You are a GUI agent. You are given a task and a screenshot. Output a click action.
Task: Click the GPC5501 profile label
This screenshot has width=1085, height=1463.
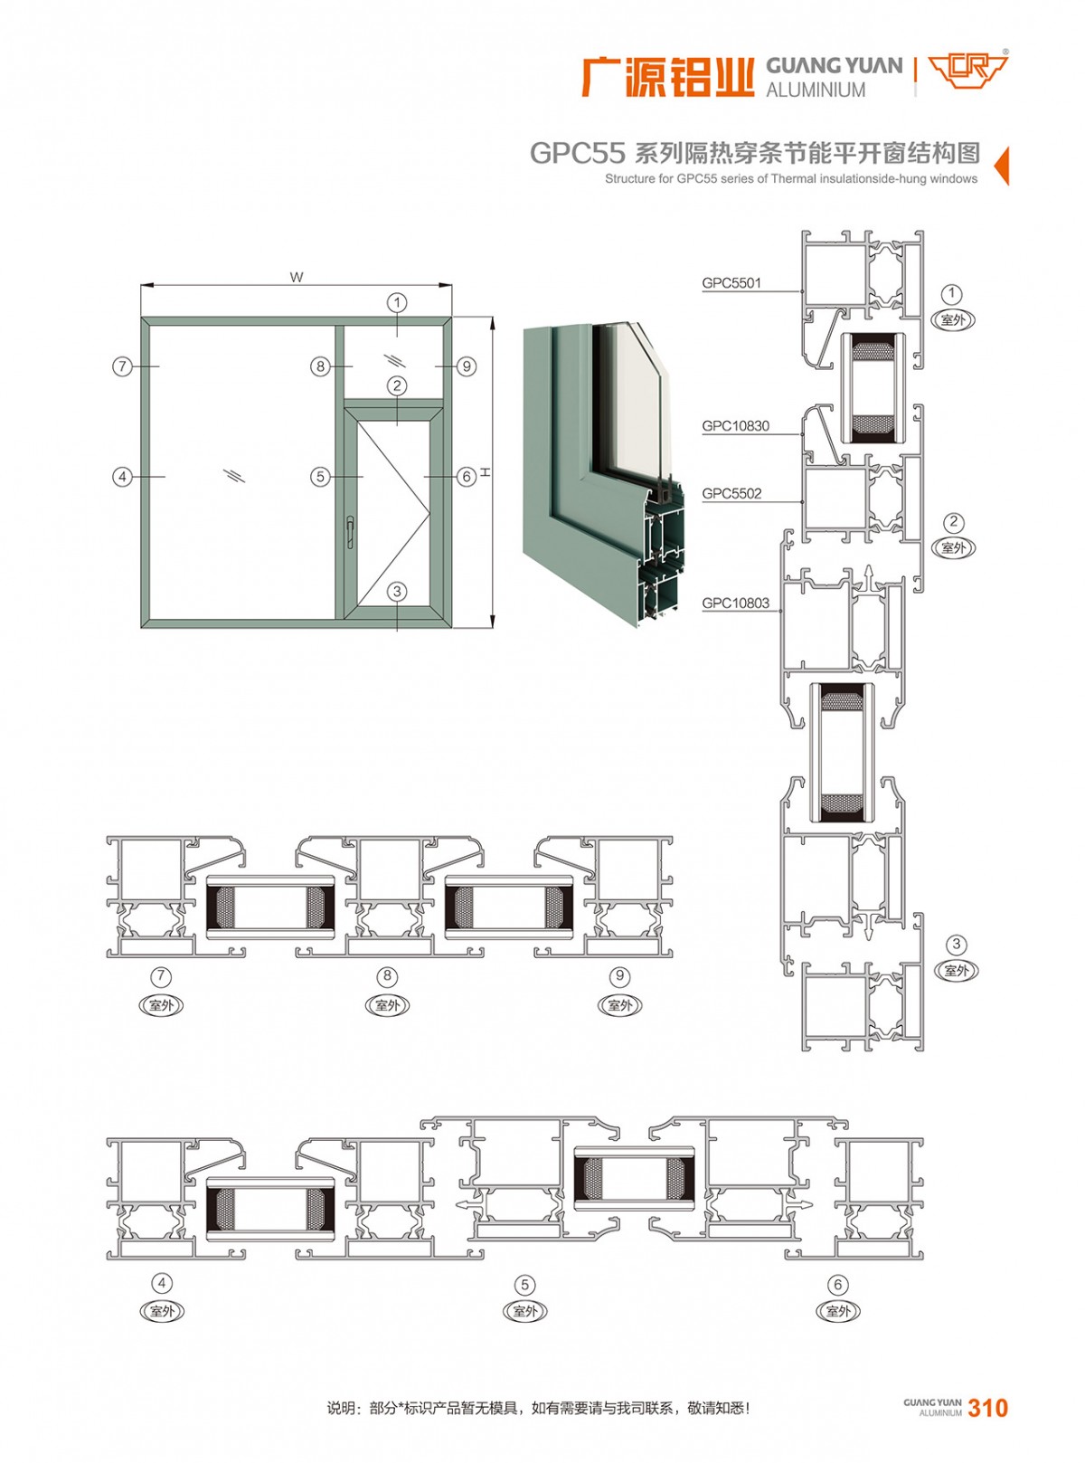[x=731, y=283]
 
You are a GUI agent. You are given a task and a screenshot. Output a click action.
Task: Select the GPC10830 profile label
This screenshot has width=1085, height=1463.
[x=735, y=426]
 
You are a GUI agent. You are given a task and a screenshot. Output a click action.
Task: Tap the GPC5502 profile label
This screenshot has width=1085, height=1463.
[x=731, y=493]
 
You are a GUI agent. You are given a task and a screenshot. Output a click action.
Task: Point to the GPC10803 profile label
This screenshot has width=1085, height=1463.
[x=735, y=603]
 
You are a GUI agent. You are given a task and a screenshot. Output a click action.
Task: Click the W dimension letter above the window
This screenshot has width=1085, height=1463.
[x=297, y=277]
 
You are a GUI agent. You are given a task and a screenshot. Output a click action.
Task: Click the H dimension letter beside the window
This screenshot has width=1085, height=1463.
[x=485, y=472]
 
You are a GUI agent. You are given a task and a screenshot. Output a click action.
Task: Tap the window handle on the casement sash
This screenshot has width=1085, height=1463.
[x=349, y=531]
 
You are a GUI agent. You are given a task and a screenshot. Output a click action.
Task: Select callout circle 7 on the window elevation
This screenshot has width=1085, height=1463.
[x=123, y=366]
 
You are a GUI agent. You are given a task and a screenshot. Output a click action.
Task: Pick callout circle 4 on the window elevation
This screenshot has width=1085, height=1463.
[x=123, y=476]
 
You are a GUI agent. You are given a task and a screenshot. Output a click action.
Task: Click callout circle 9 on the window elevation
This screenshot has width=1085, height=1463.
[x=466, y=366]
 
